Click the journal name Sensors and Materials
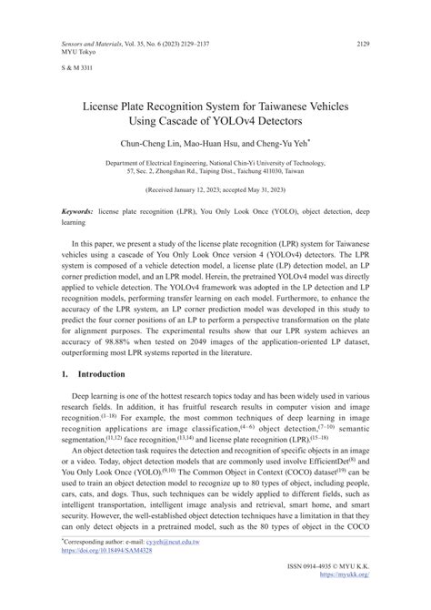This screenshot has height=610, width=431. pyautogui.click(x=92, y=43)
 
